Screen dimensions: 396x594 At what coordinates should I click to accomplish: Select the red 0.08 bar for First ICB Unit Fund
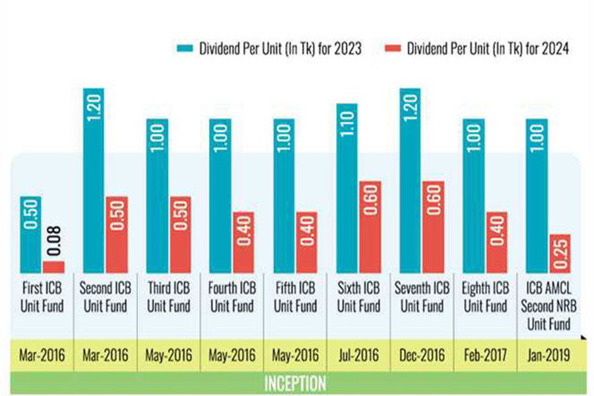coord(53,267)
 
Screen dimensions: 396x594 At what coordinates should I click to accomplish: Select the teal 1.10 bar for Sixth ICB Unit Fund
coord(348,188)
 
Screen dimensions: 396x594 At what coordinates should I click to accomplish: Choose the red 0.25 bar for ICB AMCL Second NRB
coord(560,253)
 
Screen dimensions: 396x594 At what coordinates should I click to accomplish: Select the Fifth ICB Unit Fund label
coord(296,298)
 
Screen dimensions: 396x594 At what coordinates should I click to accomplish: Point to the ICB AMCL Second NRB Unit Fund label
coord(549,306)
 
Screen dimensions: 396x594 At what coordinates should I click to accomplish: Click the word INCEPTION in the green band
coord(296,383)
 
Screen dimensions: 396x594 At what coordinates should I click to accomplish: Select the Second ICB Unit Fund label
coord(106,298)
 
